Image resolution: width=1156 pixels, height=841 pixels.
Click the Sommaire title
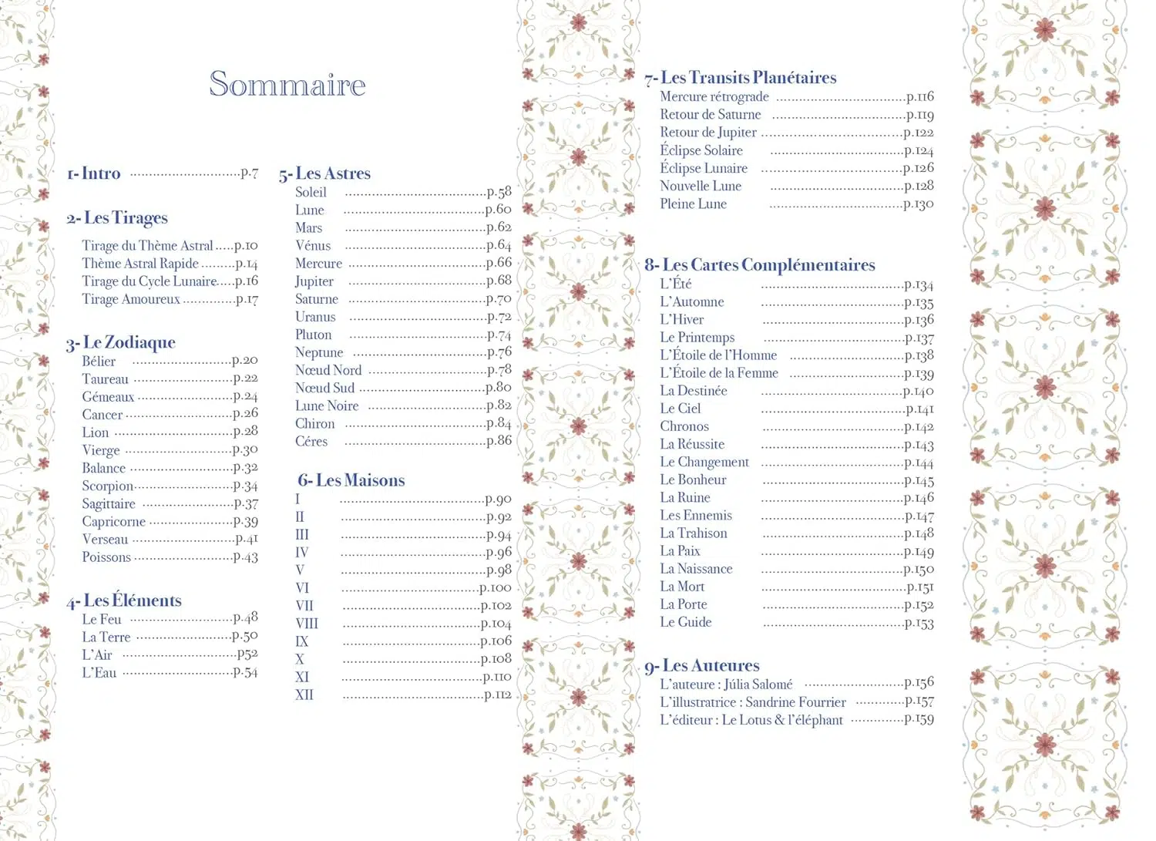[287, 85]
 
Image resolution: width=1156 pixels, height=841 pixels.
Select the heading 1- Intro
[94, 173]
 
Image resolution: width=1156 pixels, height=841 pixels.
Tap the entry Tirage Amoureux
[131, 299]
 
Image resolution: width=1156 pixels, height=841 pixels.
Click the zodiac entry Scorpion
[108, 486]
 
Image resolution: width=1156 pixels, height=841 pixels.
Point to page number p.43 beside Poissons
[246, 557]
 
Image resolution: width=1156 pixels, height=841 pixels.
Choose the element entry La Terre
[106, 637]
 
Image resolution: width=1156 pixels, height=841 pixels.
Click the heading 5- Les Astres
[324, 173]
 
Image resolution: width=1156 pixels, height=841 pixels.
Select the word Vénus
[313, 245]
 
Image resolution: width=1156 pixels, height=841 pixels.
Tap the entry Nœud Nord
[328, 370]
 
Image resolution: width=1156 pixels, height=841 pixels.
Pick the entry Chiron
[315, 423]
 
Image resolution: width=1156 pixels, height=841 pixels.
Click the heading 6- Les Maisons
[351, 480]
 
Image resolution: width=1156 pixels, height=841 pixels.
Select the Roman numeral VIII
[307, 623]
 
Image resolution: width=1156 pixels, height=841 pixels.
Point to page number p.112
[498, 695]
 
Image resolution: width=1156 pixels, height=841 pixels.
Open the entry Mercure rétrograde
[714, 96]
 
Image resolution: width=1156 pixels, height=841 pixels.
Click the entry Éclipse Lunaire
[704, 168]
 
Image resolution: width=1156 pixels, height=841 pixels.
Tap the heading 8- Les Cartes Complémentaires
[760, 265]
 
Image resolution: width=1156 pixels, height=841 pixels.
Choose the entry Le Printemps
[697, 337]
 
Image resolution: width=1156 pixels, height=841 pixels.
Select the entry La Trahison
[694, 533]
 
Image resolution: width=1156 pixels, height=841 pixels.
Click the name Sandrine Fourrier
[795, 702]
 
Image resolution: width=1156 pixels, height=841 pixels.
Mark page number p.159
[919, 719]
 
